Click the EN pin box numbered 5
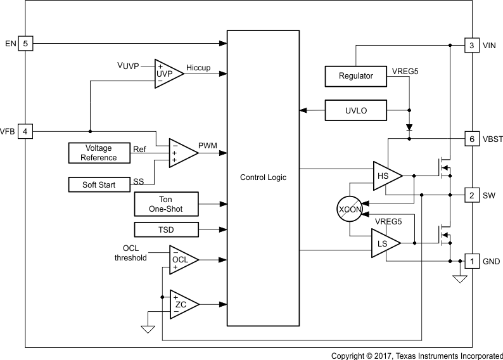[x=25, y=44]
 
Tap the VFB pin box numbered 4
[x=25, y=131]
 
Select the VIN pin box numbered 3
[x=472, y=45]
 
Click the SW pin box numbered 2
[x=472, y=195]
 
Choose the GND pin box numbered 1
[x=472, y=260]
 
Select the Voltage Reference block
[x=99, y=153]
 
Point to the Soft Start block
[x=99, y=184]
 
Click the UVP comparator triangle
[x=167, y=74]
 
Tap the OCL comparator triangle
[x=182, y=259]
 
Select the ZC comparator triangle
[x=182, y=304]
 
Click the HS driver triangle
[x=385, y=176]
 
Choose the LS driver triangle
[x=384, y=243]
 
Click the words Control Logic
[x=263, y=177]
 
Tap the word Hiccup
[x=198, y=68]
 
